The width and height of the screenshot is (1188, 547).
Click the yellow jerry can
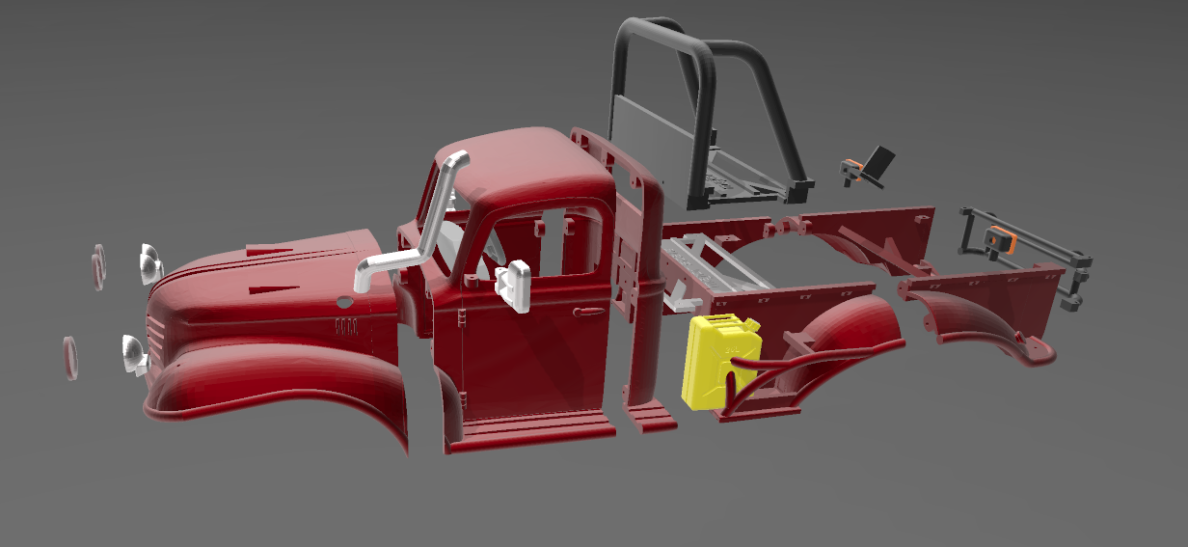tap(719, 359)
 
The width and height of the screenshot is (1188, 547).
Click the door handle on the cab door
tap(586, 312)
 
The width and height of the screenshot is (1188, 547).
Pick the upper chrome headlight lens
tap(150, 263)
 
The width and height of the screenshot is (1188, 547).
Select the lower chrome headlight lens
tap(133, 354)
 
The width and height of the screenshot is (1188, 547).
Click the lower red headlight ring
tap(70, 357)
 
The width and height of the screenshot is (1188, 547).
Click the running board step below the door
tap(530, 429)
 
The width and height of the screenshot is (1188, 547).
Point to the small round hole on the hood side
tap(342, 302)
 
